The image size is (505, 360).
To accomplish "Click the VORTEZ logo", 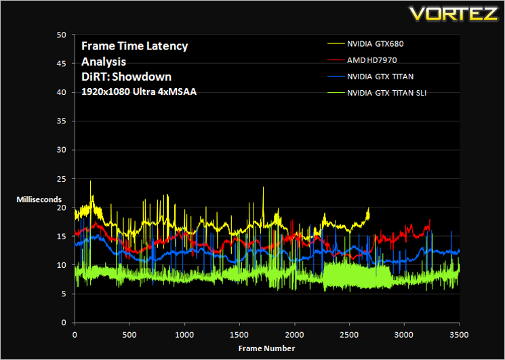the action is coord(454,13).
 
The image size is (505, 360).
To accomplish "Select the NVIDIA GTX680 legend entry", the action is coord(365,44).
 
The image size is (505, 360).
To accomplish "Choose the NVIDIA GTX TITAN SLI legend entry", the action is coord(377,94).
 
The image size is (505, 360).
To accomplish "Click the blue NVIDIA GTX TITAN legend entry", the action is coord(370,77).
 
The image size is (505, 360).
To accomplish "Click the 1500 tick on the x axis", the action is coord(239,334).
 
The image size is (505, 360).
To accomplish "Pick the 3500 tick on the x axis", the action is coord(460,334).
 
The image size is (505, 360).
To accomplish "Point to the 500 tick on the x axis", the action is coord(129,334).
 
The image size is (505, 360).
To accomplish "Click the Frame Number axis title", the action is coord(266,348).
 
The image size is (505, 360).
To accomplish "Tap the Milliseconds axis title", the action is coord(39,199).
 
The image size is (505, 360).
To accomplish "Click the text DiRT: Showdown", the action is coord(126,77).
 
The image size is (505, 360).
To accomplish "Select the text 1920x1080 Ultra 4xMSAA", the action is coord(139,92).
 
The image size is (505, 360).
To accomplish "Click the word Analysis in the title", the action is coord(104,62).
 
